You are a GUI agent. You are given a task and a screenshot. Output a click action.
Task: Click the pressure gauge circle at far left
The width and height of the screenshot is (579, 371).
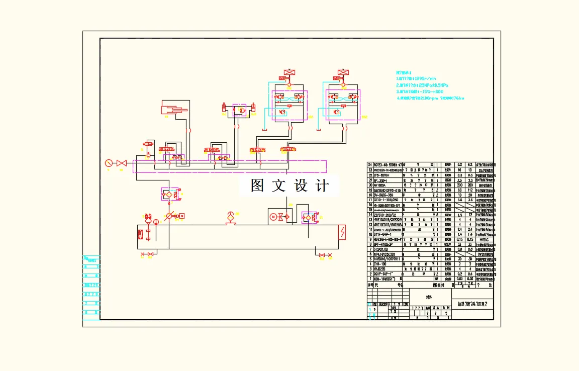click(x=108, y=163)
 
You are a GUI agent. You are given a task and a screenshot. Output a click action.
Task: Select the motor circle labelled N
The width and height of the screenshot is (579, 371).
click(x=273, y=217)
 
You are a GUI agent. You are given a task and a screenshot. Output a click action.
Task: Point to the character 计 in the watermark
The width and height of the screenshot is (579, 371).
click(x=322, y=185)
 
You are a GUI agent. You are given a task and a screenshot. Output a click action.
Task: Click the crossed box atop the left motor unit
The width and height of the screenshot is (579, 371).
click(x=289, y=73)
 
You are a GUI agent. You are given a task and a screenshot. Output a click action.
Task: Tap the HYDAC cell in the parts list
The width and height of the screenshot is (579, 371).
click(x=484, y=239)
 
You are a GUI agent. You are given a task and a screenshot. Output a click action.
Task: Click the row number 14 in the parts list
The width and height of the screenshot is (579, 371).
click(x=370, y=215)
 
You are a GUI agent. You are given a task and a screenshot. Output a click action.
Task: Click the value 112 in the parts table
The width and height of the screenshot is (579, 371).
click(x=470, y=190)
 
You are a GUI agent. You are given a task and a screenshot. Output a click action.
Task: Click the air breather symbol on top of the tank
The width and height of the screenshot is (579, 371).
click(x=231, y=217)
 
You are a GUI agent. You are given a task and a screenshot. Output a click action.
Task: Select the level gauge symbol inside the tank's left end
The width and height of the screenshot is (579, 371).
click(x=141, y=234)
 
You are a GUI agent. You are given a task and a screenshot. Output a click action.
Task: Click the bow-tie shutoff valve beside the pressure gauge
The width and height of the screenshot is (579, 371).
click(x=121, y=163)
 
